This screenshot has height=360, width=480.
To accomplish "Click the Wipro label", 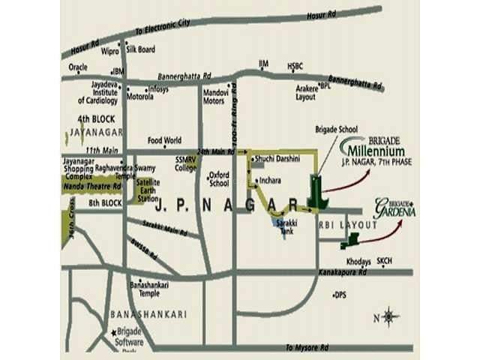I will pos(109,51).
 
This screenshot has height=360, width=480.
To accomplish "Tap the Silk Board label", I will pos(141,49).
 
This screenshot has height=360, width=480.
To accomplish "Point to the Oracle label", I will pos(78,67).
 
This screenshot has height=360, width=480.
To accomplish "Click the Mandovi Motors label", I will pos(215,97).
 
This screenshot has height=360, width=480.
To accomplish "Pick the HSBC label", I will pos(294,67).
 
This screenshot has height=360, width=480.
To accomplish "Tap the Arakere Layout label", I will pos(306,92).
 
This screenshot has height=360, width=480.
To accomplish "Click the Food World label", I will pos(164,140).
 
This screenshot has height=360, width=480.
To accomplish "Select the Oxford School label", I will pos(218,178).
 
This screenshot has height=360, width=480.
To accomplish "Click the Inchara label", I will pos(271,181).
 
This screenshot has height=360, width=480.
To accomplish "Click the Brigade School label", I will pos(331,129).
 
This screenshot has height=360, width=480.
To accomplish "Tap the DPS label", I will pos(341,295).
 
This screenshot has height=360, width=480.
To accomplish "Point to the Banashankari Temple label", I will pos(148,289).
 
